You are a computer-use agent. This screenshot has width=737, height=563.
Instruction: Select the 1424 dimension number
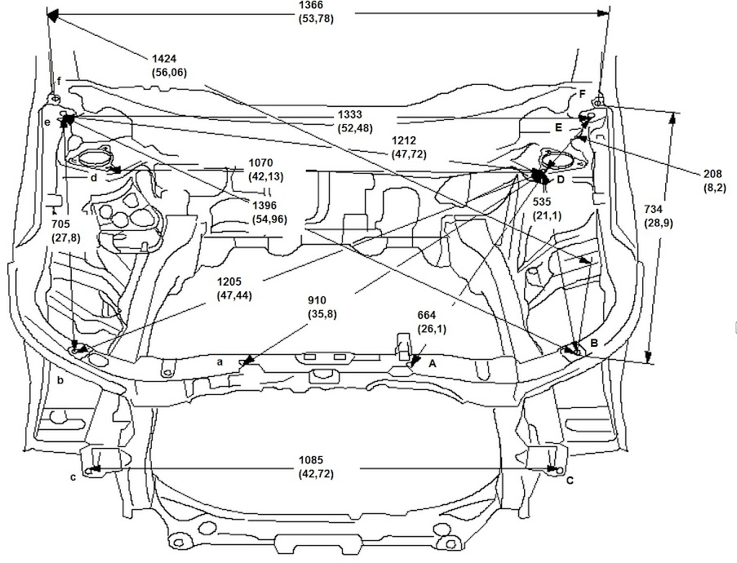(x=165, y=59)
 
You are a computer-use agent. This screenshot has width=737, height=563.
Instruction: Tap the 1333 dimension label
(x=351, y=115)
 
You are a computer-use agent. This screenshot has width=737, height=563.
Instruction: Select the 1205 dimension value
(x=232, y=282)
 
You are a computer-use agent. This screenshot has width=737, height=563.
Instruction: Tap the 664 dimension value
(x=432, y=315)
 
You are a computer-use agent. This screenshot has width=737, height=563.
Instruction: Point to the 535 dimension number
(x=546, y=200)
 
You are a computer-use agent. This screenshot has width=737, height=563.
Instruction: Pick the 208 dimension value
(x=713, y=174)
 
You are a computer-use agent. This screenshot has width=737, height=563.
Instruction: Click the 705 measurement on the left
(x=60, y=223)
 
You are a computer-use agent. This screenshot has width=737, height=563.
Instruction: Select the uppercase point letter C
(x=570, y=481)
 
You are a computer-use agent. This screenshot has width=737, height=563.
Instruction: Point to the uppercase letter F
(x=582, y=94)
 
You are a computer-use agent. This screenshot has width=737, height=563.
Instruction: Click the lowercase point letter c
(x=73, y=477)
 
